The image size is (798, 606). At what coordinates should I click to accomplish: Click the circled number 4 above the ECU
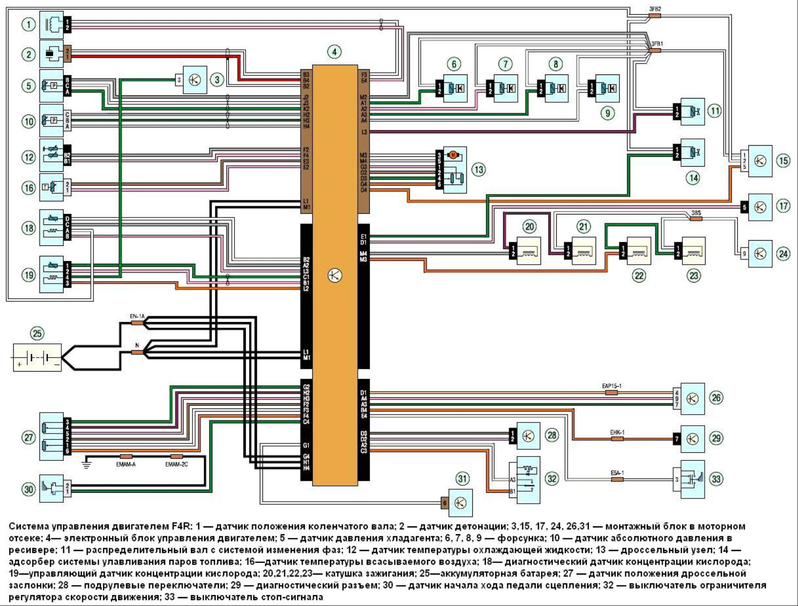pyautogui.click(x=334, y=51)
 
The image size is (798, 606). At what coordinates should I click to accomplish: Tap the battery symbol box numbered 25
pyautogui.click(x=37, y=358)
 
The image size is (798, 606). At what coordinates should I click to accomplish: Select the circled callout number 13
pyautogui.click(x=478, y=169)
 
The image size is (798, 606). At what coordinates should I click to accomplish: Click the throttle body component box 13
pyautogui.click(x=454, y=169)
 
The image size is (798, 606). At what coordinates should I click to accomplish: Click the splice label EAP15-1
pyautogui.click(x=612, y=386)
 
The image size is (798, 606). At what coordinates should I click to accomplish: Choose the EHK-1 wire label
pyautogui.click(x=617, y=432)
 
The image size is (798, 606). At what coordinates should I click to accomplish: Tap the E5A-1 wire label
pyautogui.click(x=617, y=473)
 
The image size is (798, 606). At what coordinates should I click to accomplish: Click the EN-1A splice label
pyautogui.click(x=137, y=317)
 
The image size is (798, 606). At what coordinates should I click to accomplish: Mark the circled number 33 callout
pyautogui.click(x=716, y=479)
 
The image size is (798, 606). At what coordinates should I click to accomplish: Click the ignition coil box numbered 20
pyautogui.click(x=528, y=251)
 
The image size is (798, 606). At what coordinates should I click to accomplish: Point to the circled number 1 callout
pyautogui.click(x=29, y=24)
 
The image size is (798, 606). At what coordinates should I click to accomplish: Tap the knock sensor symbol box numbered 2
pyautogui.click(x=51, y=53)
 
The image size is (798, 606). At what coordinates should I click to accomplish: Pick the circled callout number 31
pyautogui.click(x=462, y=478)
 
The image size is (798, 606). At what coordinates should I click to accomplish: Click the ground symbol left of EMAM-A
pyautogui.click(x=87, y=463)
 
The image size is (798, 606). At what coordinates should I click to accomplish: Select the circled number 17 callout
pyautogui.click(x=783, y=206)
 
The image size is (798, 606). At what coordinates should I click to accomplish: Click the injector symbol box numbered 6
pyautogui.click(x=454, y=88)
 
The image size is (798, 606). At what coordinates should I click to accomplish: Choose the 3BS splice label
pyautogui.click(x=696, y=213)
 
